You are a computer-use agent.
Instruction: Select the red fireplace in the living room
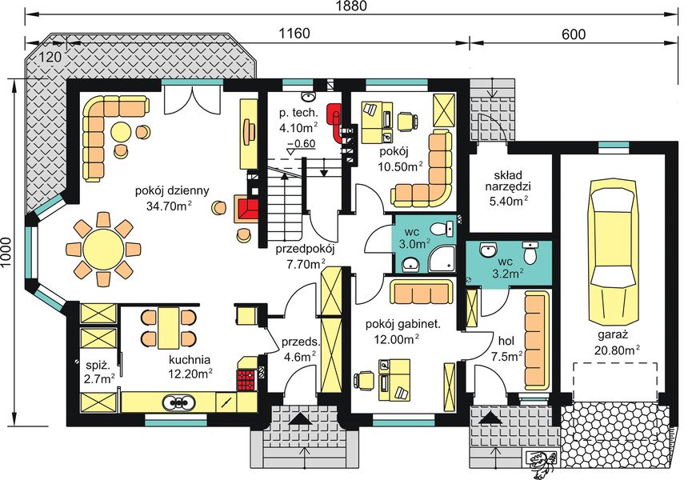pyautogui.click(x=248, y=209)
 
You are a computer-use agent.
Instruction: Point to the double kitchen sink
pyautogui.click(x=178, y=402)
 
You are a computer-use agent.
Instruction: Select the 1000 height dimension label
pyautogui.click(x=6, y=253)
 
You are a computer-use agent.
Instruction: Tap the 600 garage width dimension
pyautogui.click(x=574, y=34)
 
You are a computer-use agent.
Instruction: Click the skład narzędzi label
pyautogui.click(x=508, y=181)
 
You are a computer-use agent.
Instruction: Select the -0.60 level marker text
pyautogui.click(x=301, y=144)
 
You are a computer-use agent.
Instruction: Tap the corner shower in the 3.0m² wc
pyautogui.click(x=442, y=258)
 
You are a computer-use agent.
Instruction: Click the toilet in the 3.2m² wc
pyautogui.click(x=530, y=252)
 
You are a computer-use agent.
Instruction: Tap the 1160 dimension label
pyautogui.click(x=294, y=33)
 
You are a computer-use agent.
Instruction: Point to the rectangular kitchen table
pyautogui.click(x=169, y=327)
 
